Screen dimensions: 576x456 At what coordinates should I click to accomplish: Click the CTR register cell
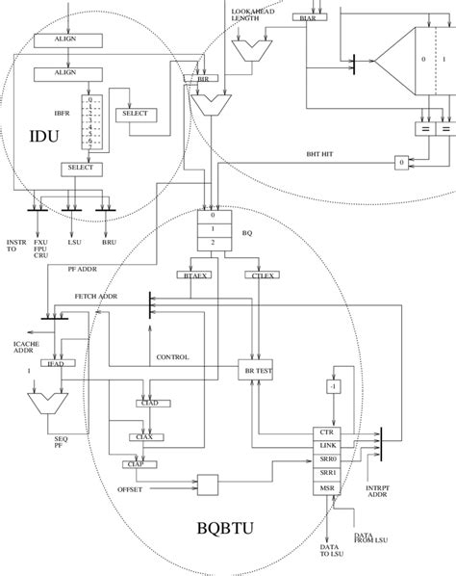coord(326,433)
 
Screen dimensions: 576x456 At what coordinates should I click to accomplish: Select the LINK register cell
coord(326,447)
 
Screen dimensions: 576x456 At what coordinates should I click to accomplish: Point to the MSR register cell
coord(326,489)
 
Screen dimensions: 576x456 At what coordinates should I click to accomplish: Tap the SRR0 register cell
coord(326,461)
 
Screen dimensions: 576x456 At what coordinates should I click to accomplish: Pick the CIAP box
coord(135,465)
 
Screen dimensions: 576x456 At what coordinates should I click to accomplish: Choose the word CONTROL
coord(172,357)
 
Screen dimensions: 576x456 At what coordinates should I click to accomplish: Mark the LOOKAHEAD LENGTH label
coord(252,14)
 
